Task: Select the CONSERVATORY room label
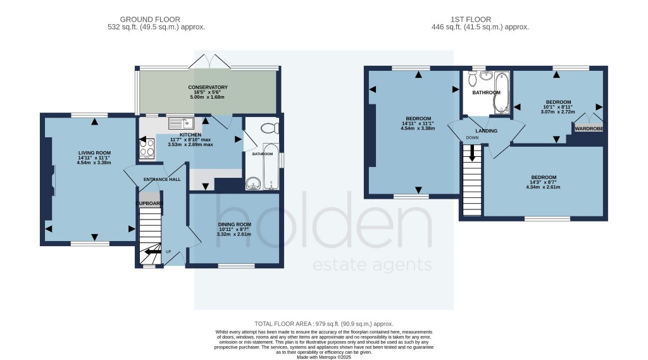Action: tap(208, 87)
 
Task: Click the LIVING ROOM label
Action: tap(94, 152)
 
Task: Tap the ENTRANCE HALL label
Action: tap(162, 180)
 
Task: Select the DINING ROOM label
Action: tap(235, 225)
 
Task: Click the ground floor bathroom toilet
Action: tap(268, 128)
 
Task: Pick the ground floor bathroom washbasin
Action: tap(253, 183)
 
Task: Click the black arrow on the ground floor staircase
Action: tap(151, 252)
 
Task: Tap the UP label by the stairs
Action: tap(168, 252)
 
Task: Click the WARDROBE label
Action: tap(589, 129)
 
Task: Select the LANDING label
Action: tap(487, 131)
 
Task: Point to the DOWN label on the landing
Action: tap(472, 137)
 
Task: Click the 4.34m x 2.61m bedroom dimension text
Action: tap(544, 187)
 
